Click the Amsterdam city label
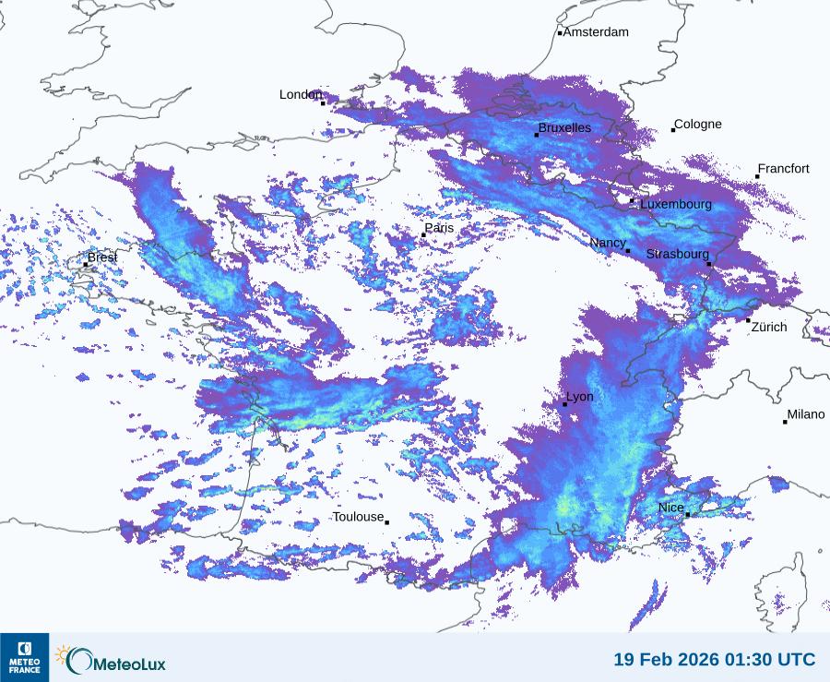click(596, 32)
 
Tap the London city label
click(301, 95)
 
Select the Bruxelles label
click(564, 128)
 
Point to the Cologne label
click(698, 125)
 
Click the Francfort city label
click(783, 169)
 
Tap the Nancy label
click(608, 243)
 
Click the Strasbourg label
click(678, 254)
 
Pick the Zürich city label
click(769, 327)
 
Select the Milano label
click(806, 415)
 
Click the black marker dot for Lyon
click(565, 404)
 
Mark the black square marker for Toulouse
click(386, 522)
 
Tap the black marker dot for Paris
click(423, 235)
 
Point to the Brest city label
click(102, 257)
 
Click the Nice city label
click(670, 509)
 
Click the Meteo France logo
click(24, 657)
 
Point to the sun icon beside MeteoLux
click(63, 654)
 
